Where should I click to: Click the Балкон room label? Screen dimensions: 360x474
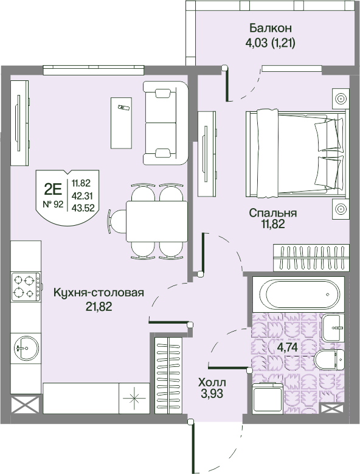click(x=270, y=29)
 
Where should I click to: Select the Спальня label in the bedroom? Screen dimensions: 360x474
click(x=272, y=213)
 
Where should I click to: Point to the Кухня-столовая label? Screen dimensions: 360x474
click(x=99, y=293)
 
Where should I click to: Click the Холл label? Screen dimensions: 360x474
click(x=212, y=382)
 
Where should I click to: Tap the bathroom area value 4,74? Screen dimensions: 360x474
click(x=287, y=347)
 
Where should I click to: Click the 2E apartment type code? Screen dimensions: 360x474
click(x=52, y=190)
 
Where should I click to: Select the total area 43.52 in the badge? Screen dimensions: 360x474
click(x=83, y=208)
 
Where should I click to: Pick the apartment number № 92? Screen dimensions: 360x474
click(x=53, y=204)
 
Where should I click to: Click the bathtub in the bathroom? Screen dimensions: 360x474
click(x=299, y=294)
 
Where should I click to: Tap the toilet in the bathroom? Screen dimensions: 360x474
click(x=330, y=360)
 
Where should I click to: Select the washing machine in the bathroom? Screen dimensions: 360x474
click(x=268, y=397)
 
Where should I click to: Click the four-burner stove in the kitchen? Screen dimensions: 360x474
click(x=26, y=286)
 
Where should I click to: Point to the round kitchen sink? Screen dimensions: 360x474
click(x=26, y=347)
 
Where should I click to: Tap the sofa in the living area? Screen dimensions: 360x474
click(x=165, y=123)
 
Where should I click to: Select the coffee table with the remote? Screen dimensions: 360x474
click(x=121, y=123)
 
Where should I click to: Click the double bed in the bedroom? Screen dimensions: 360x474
click(x=296, y=153)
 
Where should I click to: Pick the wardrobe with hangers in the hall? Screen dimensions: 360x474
click(x=168, y=375)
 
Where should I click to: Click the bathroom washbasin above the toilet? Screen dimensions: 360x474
click(x=333, y=327)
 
